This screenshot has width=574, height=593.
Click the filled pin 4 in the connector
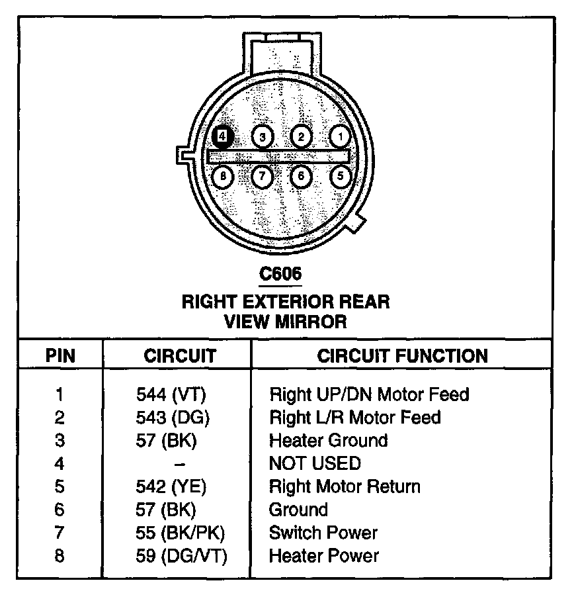pyautogui.click(x=223, y=136)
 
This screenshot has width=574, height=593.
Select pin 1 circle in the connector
pyautogui.click(x=340, y=137)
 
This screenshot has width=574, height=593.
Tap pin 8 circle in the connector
pyautogui.click(x=224, y=176)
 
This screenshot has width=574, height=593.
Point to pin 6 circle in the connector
pyautogui.click(x=301, y=176)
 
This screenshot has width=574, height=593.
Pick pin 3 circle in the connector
pyautogui.click(x=263, y=137)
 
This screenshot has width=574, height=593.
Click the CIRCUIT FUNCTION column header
pyautogui.click(x=402, y=355)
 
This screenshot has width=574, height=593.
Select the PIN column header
pyautogui.click(x=60, y=355)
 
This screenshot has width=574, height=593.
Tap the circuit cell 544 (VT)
pyautogui.click(x=171, y=394)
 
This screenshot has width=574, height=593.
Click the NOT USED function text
pyautogui.click(x=315, y=463)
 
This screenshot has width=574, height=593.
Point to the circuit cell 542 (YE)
pyautogui.click(x=171, y=486)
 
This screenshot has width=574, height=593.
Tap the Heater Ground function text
pyautogui.click(x=328, y=441)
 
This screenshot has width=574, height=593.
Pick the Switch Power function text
pyautogui.click(x=323, y=533)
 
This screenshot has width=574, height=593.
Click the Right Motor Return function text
pyautogui.click(x=345, y=486)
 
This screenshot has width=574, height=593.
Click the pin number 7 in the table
pyautogui.click(x=60, y=533)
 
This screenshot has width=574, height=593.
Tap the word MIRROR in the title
pyautogui.click(x=314, y=322)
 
